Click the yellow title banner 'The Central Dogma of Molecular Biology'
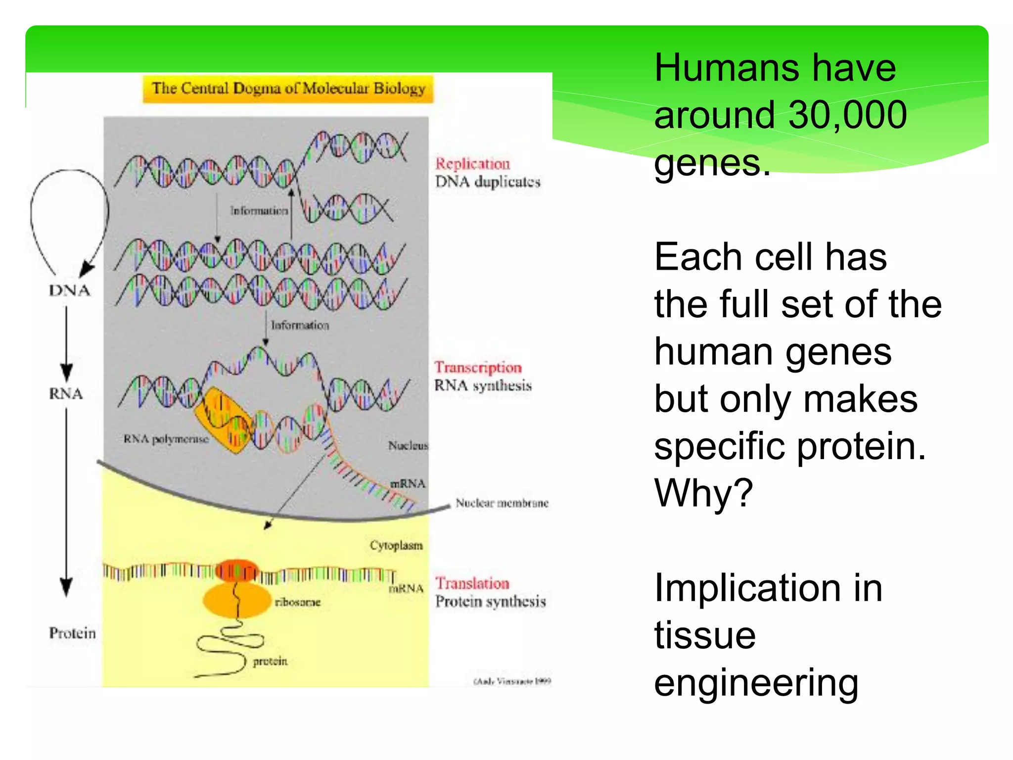(288, 89)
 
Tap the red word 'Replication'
(472, 164)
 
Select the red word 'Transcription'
(478, 368)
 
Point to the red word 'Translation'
(472, 583)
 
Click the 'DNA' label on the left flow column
(70, 290)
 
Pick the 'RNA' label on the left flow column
(66, 394)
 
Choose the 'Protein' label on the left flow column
(72, 633)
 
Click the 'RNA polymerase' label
(166, 439)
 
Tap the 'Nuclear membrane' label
(502, 503)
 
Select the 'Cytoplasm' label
(396, 545)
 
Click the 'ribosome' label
(298, 602)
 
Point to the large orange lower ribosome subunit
(232, 601)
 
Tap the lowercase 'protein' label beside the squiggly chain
(270, 661)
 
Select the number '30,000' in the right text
(847, 115)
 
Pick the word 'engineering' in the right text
(756, 683)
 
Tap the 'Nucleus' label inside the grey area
(408, 446)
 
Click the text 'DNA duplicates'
(488, 182)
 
